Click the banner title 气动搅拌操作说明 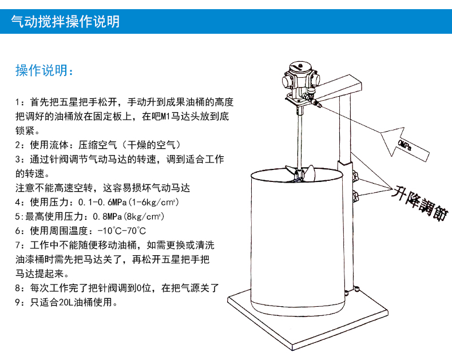(x=65, y=22)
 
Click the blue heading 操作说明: (x=45, y=70)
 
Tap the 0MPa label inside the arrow (x=404, y=145)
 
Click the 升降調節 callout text (x=420, y=203)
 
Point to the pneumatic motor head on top (x=300, y=76)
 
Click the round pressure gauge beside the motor (x=311, y=92)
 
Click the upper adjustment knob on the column (x=355, y=175)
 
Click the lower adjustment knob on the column (x=355, y=196)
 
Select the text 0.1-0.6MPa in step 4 (x=102, y=202)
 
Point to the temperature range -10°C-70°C (x=122, y=231)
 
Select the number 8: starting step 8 (x=19, y=288)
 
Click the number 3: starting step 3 (x=19, y=159)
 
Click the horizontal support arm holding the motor (x=337, y=88)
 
